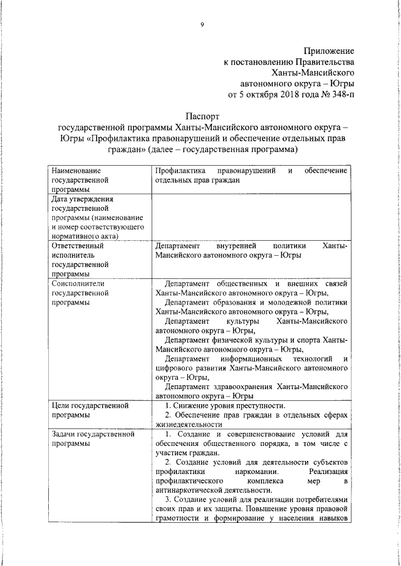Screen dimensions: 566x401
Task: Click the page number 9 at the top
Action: point(202,24)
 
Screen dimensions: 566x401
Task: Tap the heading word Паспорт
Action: point(202,116)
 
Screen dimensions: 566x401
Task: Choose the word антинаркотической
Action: point(193,490)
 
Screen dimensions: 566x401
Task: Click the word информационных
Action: point(258,360)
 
